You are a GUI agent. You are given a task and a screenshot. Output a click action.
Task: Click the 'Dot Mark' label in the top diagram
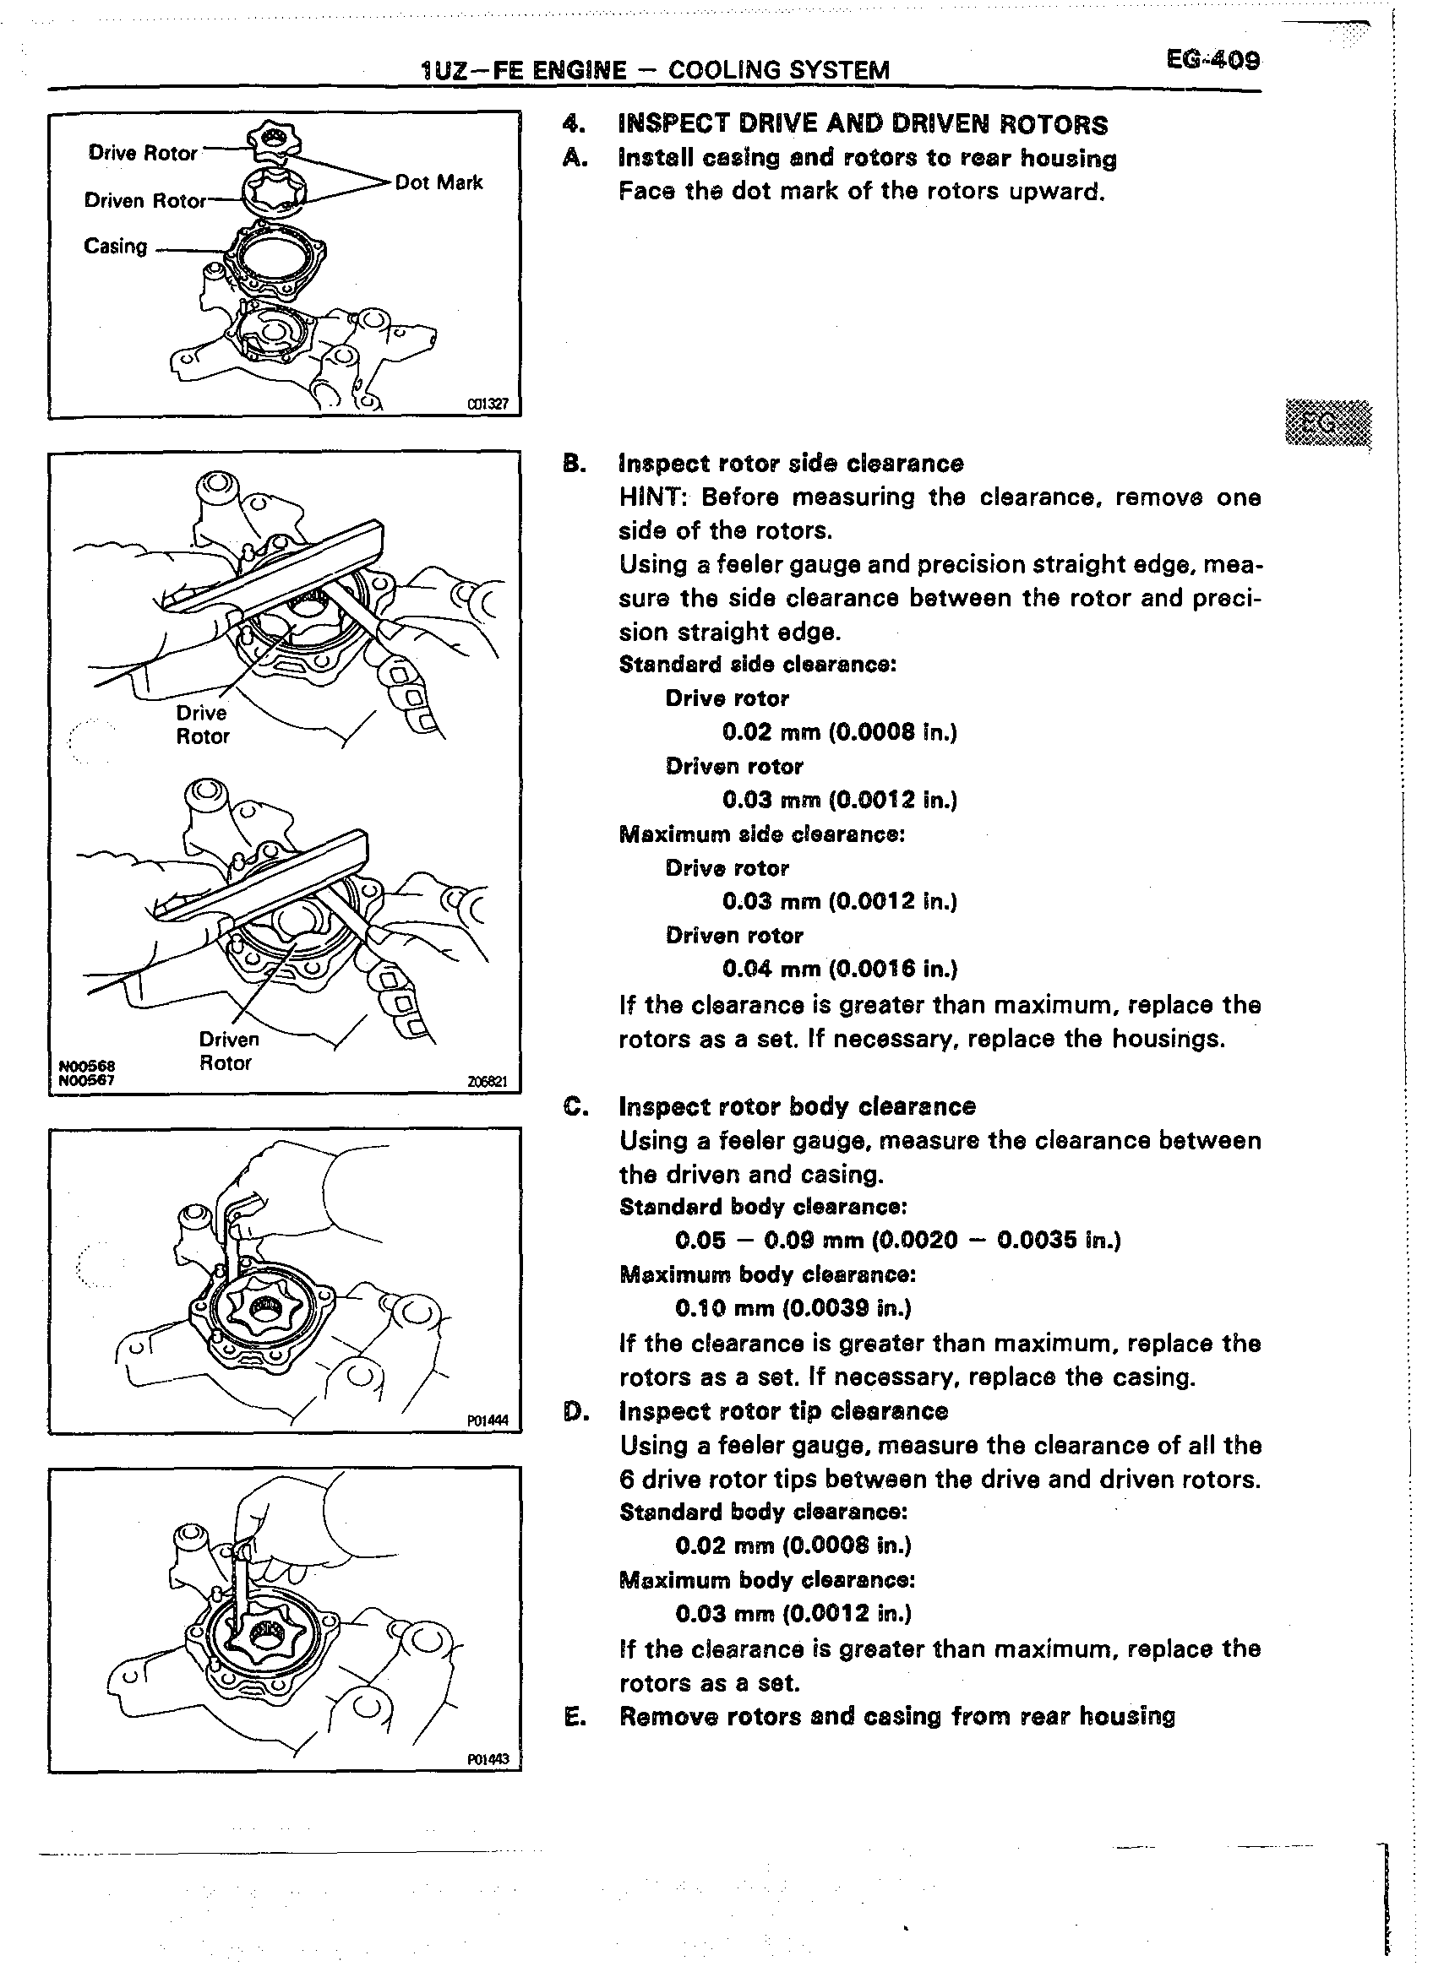point(439,182)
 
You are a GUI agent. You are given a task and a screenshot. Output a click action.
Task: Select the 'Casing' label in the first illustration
point(116,247)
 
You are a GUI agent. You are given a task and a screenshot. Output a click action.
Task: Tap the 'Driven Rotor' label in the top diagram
point(144,201)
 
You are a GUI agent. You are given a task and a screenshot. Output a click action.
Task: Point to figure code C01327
point(488,404)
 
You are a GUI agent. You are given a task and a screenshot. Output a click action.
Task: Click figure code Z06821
point(488,1082)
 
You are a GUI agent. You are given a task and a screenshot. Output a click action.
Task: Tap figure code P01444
point(488,1420)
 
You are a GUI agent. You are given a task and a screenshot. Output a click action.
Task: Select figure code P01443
point(488,1759)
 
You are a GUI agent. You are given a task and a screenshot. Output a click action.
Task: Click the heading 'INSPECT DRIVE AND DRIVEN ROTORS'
point(863,124)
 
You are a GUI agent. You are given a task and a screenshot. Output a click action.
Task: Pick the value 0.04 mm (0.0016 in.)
point(839,969)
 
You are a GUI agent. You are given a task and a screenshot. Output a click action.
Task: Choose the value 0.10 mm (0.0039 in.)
point(793,1308)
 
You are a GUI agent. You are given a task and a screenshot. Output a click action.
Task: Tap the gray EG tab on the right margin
point(1325,423)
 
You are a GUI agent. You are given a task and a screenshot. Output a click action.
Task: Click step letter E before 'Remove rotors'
point(574,1716)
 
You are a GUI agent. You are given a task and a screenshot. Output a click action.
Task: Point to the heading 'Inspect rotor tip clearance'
point(783,1410)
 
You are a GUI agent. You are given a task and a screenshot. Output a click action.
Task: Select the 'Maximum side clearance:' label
point(761,834)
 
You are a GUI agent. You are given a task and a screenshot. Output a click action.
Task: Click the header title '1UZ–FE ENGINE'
point(525,70)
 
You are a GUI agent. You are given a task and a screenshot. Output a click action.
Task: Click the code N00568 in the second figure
point(87,1066)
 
